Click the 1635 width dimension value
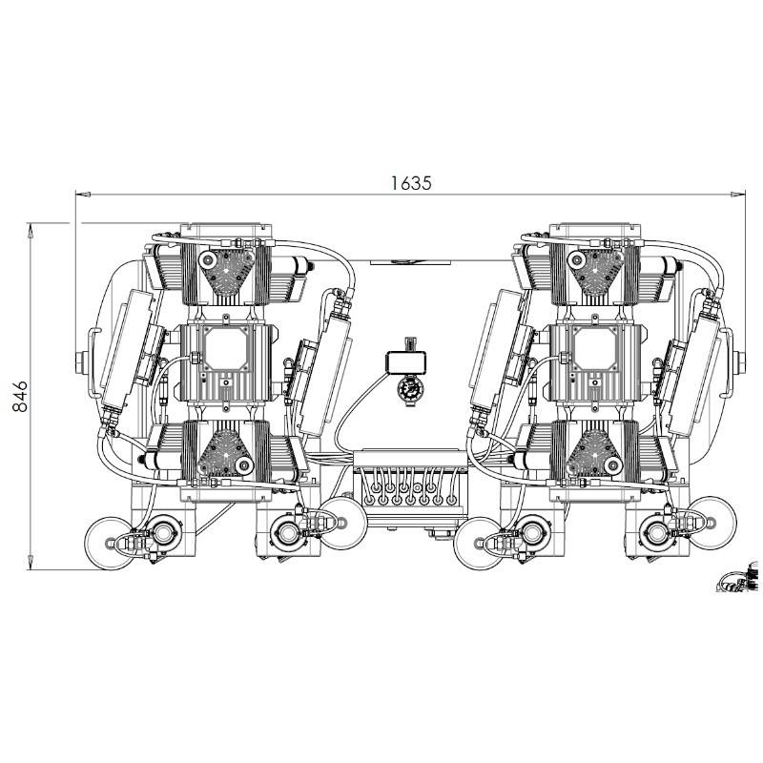click(x=411, y=183)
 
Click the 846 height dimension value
click(x=20, y=397)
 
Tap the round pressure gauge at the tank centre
click(x=407, y=389)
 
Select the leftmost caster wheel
click(x=111, y=543)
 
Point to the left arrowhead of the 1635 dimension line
click(x=83, y=195)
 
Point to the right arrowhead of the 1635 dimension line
click(x=738, y=195)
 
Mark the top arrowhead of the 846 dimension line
click(x=31, y=231)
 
